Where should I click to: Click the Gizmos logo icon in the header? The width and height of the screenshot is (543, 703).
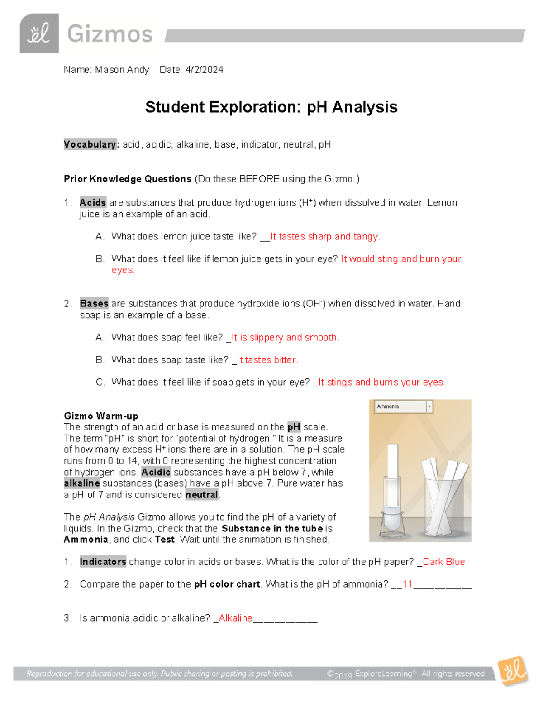[x=39, y=33]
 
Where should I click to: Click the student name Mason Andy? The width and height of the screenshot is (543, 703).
[x=122, y=70]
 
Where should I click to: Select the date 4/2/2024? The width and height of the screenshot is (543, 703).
[x=204, y=70]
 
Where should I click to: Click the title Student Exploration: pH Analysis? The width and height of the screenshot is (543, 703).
[x=271, y=107]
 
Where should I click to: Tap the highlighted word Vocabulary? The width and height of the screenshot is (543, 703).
[x=90, y=144]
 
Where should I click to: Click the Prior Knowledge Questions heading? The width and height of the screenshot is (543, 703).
[x=128, y=179]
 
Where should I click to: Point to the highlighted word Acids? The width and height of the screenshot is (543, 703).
[x=93, y=202]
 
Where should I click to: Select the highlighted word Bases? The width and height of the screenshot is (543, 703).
[x=94, y=303]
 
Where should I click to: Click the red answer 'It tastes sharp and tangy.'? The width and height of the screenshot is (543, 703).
[x=325, y=236]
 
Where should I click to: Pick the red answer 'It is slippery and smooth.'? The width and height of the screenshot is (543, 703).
[x=285, y=337]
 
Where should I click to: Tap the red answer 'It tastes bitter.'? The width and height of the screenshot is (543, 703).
[x=267, y=360]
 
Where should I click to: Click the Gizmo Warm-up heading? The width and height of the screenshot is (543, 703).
[x=101, y=416]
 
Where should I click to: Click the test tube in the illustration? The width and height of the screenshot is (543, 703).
[x=392, y=484]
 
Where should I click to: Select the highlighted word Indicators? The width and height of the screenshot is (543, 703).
[x=103, y=562]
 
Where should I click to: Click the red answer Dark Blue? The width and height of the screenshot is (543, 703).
[x=443, y=562]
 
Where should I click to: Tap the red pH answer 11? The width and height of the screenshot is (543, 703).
[x=407, y=584]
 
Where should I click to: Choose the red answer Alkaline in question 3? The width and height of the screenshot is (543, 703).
[x=235, y=618]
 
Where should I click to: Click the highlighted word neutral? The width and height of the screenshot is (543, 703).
[x=201, y=495]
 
